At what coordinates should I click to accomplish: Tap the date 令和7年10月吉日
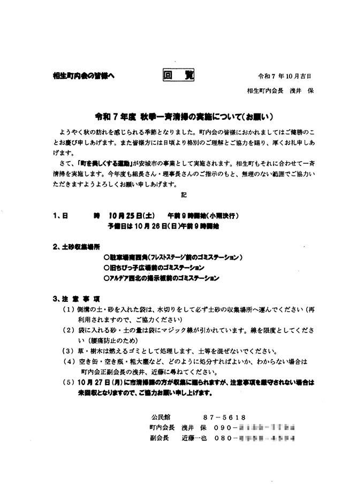(x=284, y=77)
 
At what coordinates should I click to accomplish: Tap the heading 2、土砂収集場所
(x=77, y=247)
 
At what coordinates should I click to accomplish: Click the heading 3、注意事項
(x=76, y=298)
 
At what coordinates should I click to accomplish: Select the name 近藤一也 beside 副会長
(x=199, y=437)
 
